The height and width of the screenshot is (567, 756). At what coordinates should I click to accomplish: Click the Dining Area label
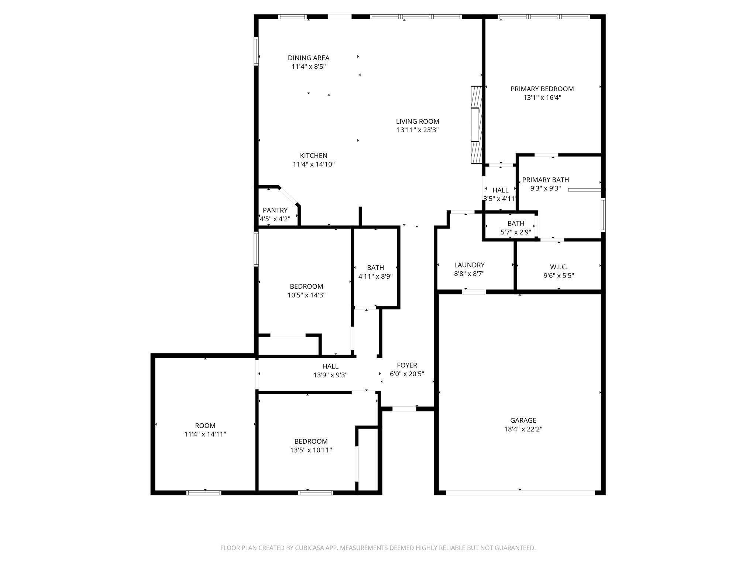point(308,58)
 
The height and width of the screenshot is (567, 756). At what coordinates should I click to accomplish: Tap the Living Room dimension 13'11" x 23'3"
point(417,130)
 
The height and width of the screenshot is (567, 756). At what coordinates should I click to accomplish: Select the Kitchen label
point(313,156)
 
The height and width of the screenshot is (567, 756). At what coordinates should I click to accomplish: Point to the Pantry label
point(275,210)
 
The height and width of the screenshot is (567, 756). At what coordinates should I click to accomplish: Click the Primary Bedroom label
point(542,89)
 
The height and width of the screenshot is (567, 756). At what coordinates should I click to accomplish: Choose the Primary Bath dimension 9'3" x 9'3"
point(545,188)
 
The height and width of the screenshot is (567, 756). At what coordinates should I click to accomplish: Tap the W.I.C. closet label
point(559,267)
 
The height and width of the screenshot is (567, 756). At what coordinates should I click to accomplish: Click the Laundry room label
point(469,265)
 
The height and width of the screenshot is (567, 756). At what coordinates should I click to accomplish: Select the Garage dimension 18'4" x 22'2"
point(523,429)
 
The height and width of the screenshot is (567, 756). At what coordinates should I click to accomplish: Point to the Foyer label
point(407,365)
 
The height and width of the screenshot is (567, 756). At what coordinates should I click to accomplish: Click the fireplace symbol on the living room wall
point(477,125)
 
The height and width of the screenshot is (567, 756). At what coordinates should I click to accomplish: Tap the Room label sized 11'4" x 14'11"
point(205,426)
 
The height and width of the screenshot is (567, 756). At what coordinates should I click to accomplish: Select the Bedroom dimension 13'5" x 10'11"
point(311,450)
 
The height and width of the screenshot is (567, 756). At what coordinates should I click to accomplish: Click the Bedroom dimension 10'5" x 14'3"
point(306,295)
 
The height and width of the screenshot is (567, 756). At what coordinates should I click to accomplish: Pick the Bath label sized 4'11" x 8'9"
point(375,268)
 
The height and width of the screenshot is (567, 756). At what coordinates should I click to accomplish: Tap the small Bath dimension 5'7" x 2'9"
point(515,232)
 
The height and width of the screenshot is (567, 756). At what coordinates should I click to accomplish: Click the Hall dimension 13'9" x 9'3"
point(330,375)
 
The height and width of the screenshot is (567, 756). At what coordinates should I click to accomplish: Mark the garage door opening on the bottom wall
point(520,492)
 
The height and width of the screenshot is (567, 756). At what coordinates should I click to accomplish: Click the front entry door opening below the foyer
point(404,409)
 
